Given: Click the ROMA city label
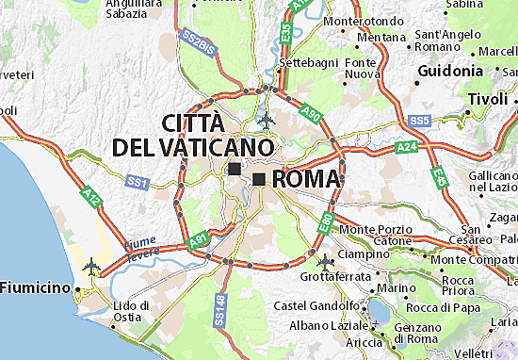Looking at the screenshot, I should click(307, 179).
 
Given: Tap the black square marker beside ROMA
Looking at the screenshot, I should click(258, 178).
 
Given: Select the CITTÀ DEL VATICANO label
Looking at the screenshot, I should click(193, 136).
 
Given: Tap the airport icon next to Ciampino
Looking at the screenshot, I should click(326, 260).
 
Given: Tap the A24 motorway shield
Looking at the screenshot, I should click(407, 147).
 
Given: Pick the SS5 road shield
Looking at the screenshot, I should click(419, 121).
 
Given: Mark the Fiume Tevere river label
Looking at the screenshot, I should click(140, 246).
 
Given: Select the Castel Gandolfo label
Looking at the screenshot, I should click(316, 305).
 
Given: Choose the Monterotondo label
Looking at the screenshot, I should click(362, 21).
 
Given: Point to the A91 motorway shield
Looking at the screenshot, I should click(197, 242).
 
